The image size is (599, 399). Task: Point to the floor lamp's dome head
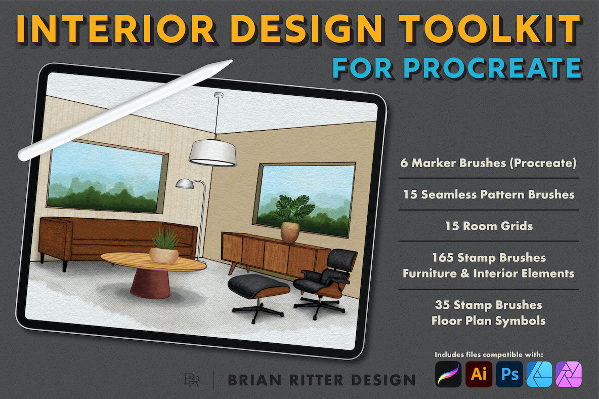[x=185, y=183]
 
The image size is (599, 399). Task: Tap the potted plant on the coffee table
[x=164, y=246]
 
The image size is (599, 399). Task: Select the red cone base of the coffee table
[x=150, y=284]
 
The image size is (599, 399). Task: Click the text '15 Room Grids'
[x=489, y=226]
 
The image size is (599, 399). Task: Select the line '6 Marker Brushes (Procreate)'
[x=488, y=163]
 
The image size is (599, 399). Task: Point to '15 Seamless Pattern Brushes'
[x=489, y=194]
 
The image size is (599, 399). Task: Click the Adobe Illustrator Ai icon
[x=479, y=375]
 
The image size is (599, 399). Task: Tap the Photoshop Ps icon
[x=509, y=375]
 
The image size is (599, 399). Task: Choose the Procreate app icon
[x=448, y=375]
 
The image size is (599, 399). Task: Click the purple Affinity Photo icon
[x=569, y=375]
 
